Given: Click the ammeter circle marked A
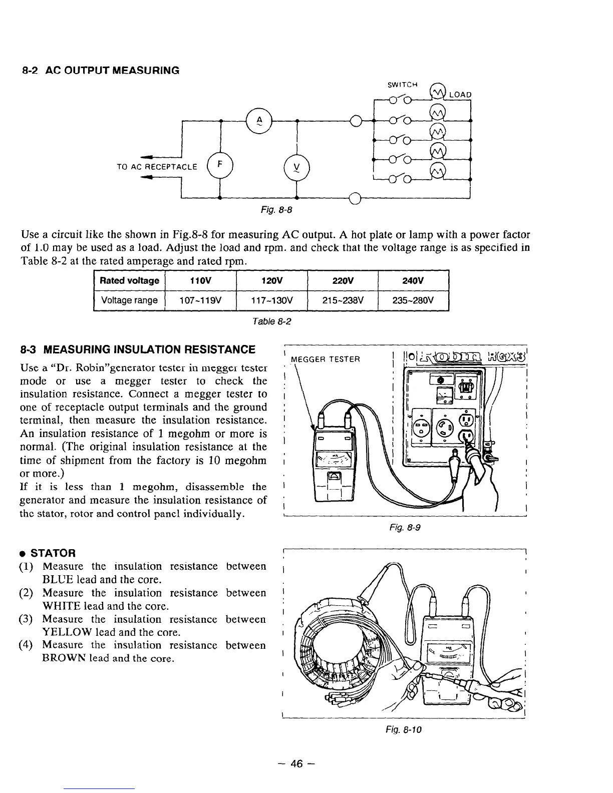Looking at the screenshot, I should coord(259,121).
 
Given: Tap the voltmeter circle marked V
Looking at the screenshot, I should coord(296,165).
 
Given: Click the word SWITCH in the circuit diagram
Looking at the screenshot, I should coord(403,84).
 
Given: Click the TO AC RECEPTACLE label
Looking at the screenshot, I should coord(157,166).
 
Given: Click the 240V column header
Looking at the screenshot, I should coord(413,280).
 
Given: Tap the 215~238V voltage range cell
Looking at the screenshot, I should coord(342,300).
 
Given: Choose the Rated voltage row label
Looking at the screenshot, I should coord(129,280).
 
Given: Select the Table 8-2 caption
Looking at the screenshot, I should coord(272,321).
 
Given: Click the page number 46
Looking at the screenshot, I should coord(297,763).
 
